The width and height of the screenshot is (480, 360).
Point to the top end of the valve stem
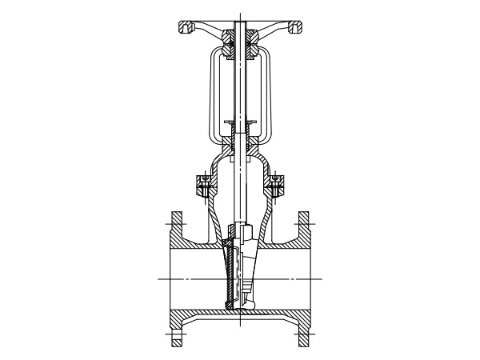[239, 12]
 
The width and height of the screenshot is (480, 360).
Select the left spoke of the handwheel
[210, 35]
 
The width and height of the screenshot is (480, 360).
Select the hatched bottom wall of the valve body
[240, 317]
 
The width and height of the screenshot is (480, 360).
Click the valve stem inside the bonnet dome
[239, 184]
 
